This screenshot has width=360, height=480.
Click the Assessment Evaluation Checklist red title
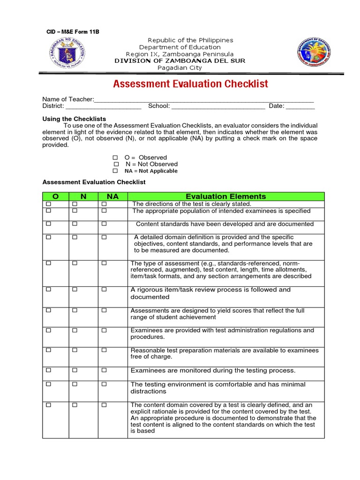[x=190, y=84]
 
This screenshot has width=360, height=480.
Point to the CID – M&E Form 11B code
[x=73, y=32]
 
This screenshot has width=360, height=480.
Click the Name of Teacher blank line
[x=204, y=100]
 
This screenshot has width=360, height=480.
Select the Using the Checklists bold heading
[x=74, y=119]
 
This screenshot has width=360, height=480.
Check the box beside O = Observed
[x=115, y=158]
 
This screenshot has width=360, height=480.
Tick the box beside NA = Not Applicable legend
[x=115, y=171]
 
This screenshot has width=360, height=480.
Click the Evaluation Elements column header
[x=225, y=196]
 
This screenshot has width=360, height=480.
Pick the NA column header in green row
[x=112, y=196]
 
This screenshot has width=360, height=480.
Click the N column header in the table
[x=83, y=196]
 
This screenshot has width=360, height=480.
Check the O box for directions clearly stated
[x=48, y=204]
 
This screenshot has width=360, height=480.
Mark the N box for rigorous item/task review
[x=75, y=290]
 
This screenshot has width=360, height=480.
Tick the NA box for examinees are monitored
[x=104, y=370]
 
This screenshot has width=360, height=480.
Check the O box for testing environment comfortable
[x=48, y=384]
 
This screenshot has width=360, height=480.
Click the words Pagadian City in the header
[x=180, y=68]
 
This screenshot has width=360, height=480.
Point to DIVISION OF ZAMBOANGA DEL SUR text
[x=180, y=61]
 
